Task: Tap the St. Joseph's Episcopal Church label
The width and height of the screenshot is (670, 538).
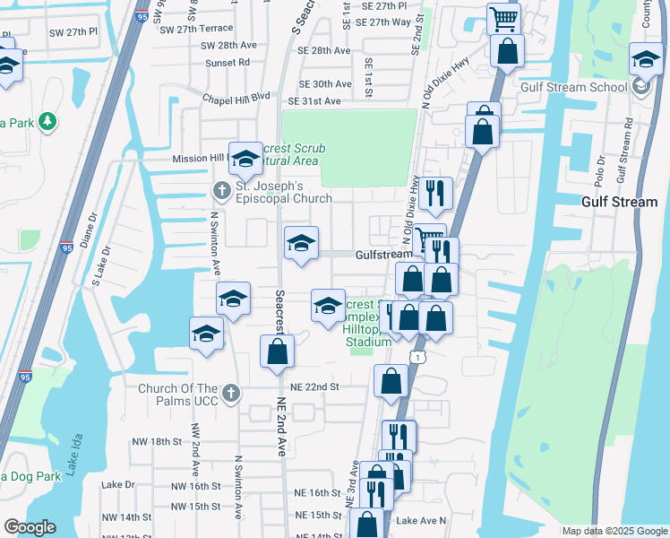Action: (283, 193)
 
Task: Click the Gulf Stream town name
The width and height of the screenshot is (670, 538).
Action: (619, 202)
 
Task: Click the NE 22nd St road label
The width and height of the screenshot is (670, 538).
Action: (315, 386)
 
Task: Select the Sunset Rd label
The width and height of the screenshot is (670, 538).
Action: (227, 63)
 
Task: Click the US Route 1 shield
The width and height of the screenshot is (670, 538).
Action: (417, 357)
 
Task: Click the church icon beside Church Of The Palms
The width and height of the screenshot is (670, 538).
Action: (231, 392)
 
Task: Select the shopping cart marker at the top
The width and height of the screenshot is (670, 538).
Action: (504, 18)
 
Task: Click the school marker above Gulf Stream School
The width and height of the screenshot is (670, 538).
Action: (645, 61)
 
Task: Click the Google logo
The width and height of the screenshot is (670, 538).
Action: (30, 527)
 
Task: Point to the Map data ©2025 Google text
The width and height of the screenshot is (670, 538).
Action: (614, 531)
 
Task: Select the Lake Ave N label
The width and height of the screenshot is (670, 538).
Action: (421, 520)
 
